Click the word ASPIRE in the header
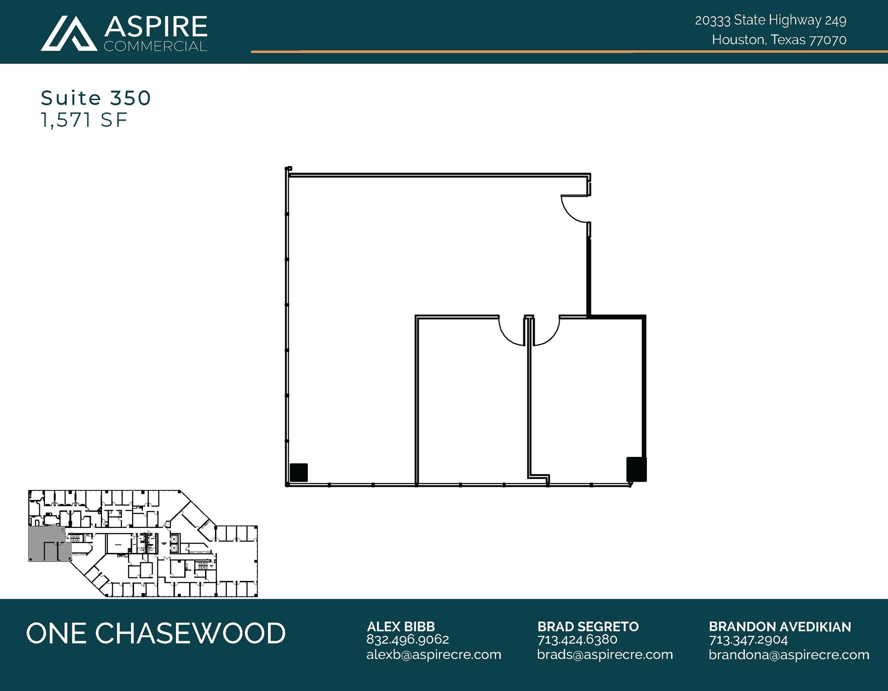click(156, 27)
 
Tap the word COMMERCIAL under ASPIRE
click(155, 46)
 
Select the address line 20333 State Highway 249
click(770, 20)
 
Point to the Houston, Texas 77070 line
click(779, 40)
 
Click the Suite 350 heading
click(96, 98)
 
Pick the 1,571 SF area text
click(84, 120)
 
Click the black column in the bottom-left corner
click(298, 472)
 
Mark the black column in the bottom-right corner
click(636, 469)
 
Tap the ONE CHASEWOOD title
click(156, 633)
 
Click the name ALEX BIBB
click(401, 626)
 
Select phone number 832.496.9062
click(408, 639)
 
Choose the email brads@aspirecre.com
click(605, 655)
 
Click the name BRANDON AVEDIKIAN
click(780, 627)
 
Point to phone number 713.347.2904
click(748, 640)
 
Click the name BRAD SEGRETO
click(588, 626)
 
